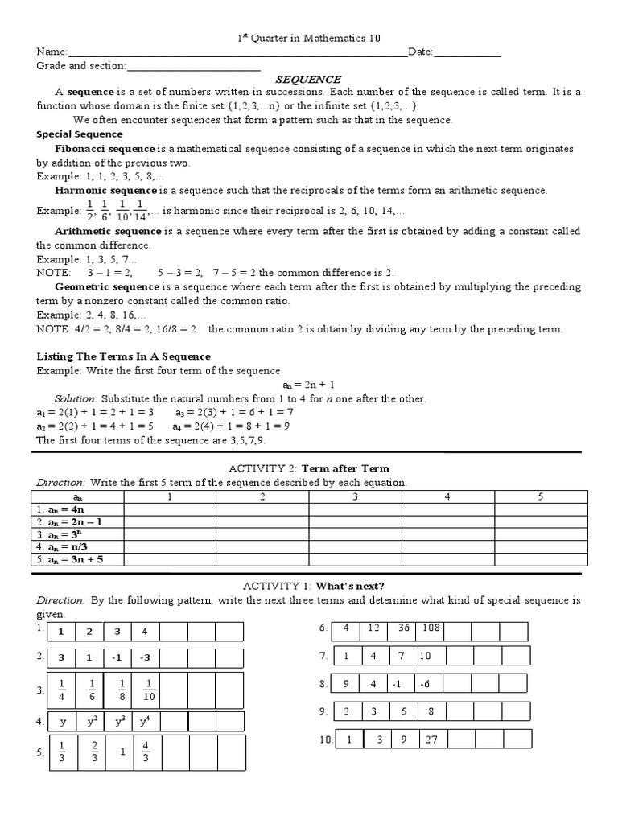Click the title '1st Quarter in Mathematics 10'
309,38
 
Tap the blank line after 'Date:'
468,53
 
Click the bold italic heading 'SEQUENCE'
309,80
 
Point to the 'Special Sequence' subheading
80,134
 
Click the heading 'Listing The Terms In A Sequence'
125,356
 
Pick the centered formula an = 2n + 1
308,385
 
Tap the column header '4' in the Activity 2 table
447,497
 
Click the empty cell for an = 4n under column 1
169,510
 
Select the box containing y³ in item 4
120,722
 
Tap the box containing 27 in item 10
431,740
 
